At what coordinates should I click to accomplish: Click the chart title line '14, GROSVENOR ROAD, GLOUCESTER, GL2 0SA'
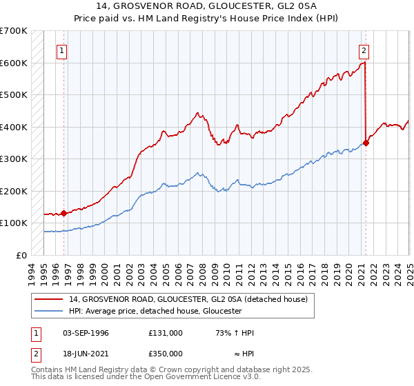pyautogui.click(x=207, y=6)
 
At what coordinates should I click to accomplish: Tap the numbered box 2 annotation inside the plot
pyautogui.click(x=364, y=50)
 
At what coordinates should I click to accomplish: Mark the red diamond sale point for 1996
pyautogui.click(x=63, y=213)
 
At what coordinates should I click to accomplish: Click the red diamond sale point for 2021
pyautogui.click(x=366, y=143)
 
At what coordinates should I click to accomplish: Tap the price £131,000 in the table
pyautogui.click(x=165, y=332)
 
